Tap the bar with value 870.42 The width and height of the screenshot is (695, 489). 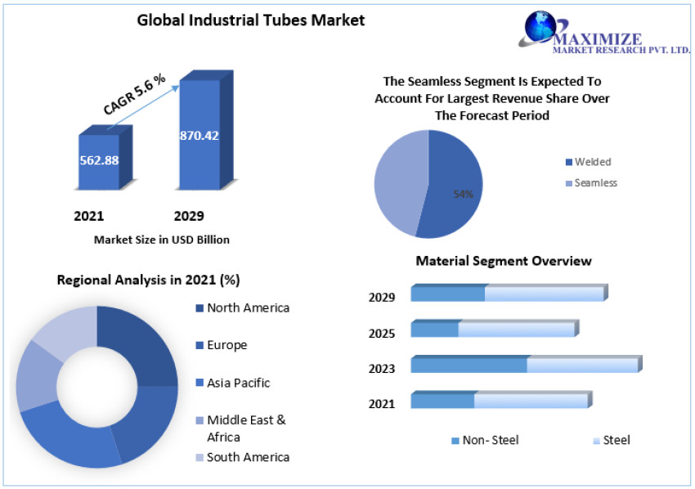(200, 139)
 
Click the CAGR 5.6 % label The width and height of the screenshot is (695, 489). (134, 93)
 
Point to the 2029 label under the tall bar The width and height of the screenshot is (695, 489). (189, 216)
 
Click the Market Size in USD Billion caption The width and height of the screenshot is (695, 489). (162, 240)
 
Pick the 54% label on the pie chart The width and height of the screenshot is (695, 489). (464, 194)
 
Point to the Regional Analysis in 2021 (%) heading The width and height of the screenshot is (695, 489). (148, 280)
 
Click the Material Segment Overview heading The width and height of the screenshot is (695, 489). (504, 261)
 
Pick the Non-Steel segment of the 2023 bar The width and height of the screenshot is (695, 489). (469, 365)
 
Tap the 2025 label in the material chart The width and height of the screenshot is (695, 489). (382, 333)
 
